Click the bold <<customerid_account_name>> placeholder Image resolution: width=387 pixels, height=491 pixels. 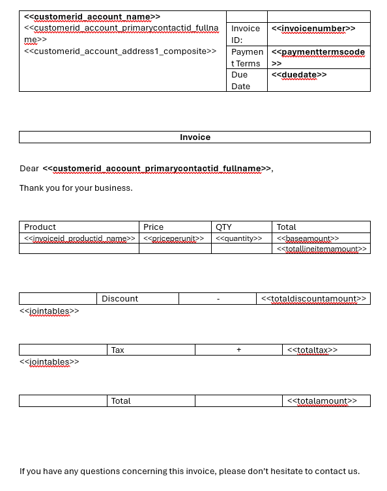pos(92,17)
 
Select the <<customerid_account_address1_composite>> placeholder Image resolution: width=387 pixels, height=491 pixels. pos(120,51)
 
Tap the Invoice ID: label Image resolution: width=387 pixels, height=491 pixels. pos(246,34)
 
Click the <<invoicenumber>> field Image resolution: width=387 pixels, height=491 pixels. pos(313,29)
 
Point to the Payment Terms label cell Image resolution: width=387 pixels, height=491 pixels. pos(247,57)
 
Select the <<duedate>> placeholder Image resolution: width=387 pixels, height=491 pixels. pos(299,75)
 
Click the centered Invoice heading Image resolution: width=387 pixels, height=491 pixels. pos(195,137)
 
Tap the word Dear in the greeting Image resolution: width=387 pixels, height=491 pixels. pos(29,169)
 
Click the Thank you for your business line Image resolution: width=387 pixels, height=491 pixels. pos(76,188)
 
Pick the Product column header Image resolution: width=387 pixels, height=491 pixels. pos(40,227)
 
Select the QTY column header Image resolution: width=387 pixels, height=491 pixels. pos(223,227)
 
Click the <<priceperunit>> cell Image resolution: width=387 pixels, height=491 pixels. pos(173,238)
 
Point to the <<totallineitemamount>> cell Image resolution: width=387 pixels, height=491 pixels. pos(322,249)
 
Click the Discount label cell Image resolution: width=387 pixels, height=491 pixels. pos(120,298)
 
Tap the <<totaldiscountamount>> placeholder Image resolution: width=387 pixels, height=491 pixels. pos(313,298)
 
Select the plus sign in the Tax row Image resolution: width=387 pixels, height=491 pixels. pos(238,350)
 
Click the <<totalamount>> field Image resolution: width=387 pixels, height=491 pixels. pos(322,400)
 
